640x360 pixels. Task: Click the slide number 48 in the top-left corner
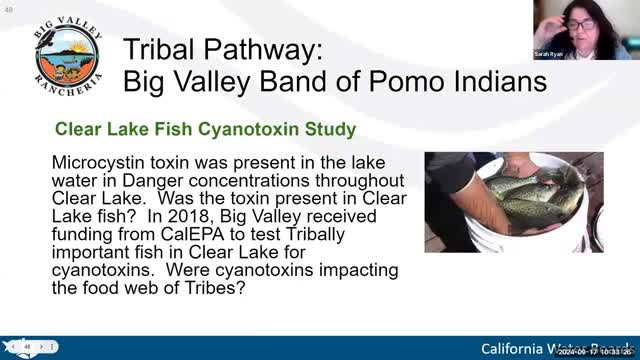coord(7,5)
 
